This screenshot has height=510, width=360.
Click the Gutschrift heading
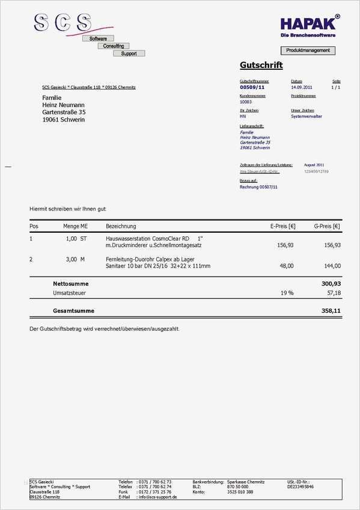261,65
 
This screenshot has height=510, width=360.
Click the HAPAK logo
310,24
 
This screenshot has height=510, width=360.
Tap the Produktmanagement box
308,51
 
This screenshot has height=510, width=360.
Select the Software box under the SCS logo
98,38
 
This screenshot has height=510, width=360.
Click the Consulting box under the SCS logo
114,46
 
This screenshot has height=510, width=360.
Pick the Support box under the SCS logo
129,54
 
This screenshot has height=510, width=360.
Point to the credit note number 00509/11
252,87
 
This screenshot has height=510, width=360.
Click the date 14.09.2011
302,87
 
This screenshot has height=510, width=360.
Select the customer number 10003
246,102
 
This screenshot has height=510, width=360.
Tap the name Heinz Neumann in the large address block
64,105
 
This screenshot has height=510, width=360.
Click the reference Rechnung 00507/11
258,187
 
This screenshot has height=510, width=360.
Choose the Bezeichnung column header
121,227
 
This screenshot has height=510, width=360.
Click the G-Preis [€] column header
327,227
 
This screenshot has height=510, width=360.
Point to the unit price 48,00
286,265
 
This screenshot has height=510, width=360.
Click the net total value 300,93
331,283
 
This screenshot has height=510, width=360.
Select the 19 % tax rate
287,293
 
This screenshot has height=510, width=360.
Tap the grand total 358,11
331,311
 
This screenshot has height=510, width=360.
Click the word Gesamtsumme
73,311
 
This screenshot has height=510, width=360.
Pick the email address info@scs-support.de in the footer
158,497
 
